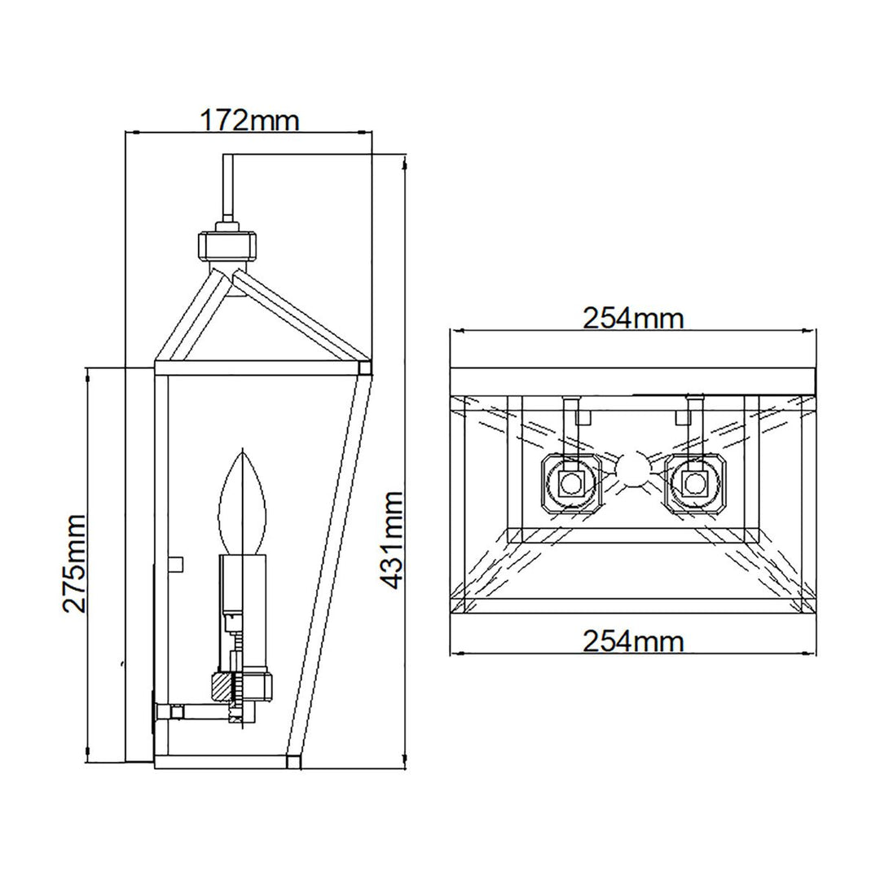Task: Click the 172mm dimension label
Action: pyautogui.click(x=249, y=121)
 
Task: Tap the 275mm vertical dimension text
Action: pyautogui.click(x=76, y=562)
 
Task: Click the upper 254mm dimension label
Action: pyautogui.click(x=632, y=318)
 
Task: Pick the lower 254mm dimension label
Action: pyautogui.click(x=632, y=641)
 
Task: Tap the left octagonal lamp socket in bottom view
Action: pyautogui.click(x=571, y=483)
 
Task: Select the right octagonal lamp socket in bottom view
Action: pyautogui.click(x=695, y=483)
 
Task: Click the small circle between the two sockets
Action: pyautogui.click(x=633, y=470)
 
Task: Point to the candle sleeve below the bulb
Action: pyautogui.click(x=244, y=582)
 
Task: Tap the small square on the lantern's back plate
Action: pyautogui.click(x=174, y=563)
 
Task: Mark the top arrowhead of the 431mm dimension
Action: pyautogui.click(x=405, y=160)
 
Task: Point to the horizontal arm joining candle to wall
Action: pyautogui.click(x=196, y=712)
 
